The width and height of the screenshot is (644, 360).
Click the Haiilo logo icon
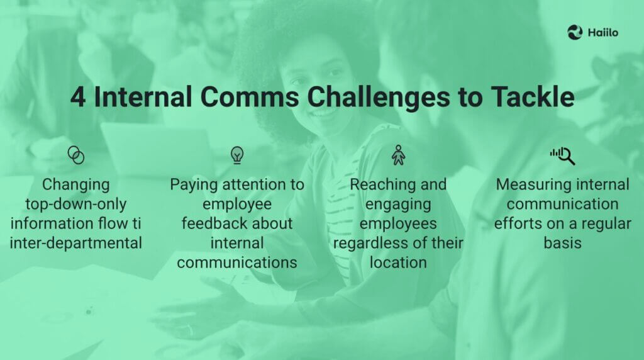(x=575, y=32)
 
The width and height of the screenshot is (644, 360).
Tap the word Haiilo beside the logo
(x=602, y=33)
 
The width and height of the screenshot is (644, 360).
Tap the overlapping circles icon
(x=75, y=155)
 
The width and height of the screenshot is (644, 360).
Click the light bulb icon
(x=237, y=155)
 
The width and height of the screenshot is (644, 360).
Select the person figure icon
(x=398, y=155)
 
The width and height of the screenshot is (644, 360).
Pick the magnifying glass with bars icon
(x=562, y=155)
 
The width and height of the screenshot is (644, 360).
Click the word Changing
(x=75, y=185)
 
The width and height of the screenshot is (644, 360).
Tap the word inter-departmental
(x=75, y=243)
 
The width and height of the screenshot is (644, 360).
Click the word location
(x=398, y=262)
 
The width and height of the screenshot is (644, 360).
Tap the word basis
(x=562, y=243)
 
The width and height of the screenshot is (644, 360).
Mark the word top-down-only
(x=75, y=205)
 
